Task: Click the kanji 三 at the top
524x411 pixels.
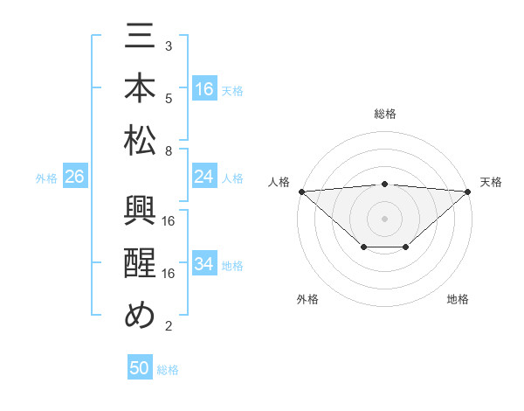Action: (141, 42)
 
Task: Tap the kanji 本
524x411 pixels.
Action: (141, 90)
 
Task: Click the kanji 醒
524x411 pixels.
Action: (141, 266)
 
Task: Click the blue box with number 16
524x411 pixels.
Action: (204, 88)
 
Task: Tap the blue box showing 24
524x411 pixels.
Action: (204, 177)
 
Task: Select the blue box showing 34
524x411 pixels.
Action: (204, 264)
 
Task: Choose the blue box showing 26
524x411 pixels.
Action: (74, 177)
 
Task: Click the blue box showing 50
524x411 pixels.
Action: (140, 368)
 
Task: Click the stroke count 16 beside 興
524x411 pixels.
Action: (169, 220)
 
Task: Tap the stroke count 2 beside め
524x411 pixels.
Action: (168, 326)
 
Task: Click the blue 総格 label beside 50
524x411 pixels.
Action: (168, 370)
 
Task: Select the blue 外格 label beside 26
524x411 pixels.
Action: (46, 178)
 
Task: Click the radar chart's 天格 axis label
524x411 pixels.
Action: (491, 182)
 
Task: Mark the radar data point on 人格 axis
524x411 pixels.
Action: (301, 191)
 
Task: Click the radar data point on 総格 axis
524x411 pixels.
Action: (384, 184)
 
